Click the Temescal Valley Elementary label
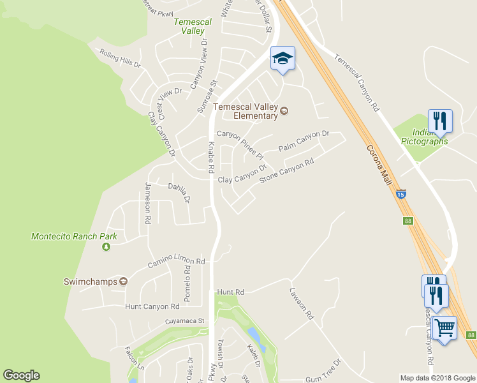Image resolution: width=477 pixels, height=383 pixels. click(246, 111)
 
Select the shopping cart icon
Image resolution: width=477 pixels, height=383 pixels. click(444, 329)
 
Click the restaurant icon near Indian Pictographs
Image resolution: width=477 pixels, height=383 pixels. click(440, 120)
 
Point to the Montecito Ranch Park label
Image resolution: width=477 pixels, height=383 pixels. click(75, 236)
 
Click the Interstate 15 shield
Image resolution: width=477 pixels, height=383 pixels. click(400, 193)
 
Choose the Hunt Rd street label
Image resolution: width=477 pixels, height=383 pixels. click(231, 292)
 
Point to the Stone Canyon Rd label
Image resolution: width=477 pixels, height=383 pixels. click(287, 171)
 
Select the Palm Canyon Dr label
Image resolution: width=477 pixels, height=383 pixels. click(304, 141)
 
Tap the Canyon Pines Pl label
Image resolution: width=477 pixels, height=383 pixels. click(239, 142)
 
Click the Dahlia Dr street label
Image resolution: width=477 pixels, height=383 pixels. click(179, 191)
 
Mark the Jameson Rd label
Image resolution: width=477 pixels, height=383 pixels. click(148, 202)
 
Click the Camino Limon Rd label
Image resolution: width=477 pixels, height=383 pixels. click(176, 262)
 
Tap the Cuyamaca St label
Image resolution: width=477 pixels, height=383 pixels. click(184, 321)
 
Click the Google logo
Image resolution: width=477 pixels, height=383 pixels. click(21, 375)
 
